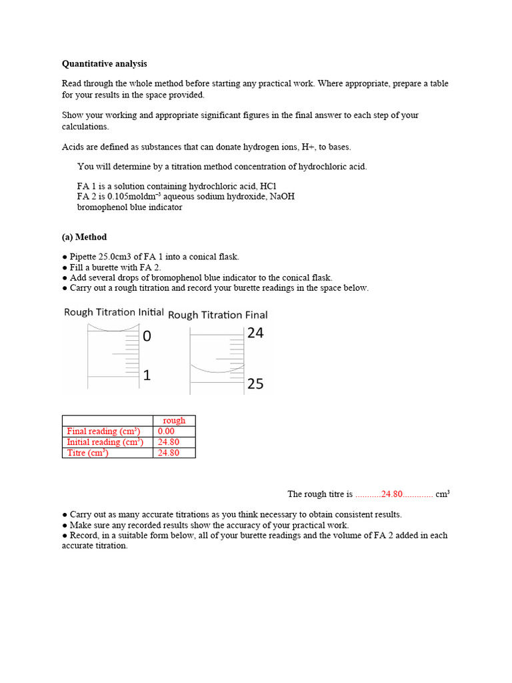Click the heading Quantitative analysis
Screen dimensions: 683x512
click(x=105, y=64)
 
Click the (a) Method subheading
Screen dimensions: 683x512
click(x=84, y=237)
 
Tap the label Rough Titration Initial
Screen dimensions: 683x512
click(x=114, y=312)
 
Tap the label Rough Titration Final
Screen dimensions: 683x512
click(x=218, y=315)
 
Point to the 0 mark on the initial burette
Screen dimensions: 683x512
click(x=147, y=337)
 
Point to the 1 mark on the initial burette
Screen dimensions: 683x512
click(x=147, y=376)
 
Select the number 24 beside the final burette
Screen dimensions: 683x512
click(x=255, y=333)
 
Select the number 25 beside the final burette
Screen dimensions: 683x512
click(x=255, y=384)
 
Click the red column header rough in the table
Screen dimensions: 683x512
click(x=174, y=421)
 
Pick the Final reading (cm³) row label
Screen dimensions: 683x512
click(x=103, y=432)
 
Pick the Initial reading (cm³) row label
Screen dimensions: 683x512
click(x=105, y=442)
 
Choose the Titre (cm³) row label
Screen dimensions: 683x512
click(x=87, y=453)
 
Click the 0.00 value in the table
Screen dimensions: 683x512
click(x=166, y=432)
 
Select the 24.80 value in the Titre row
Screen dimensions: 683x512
click(x=168, y=453)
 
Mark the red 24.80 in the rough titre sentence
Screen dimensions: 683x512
click(x=392, y=494)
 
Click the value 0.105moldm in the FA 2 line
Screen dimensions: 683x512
click(x=135, y=197)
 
